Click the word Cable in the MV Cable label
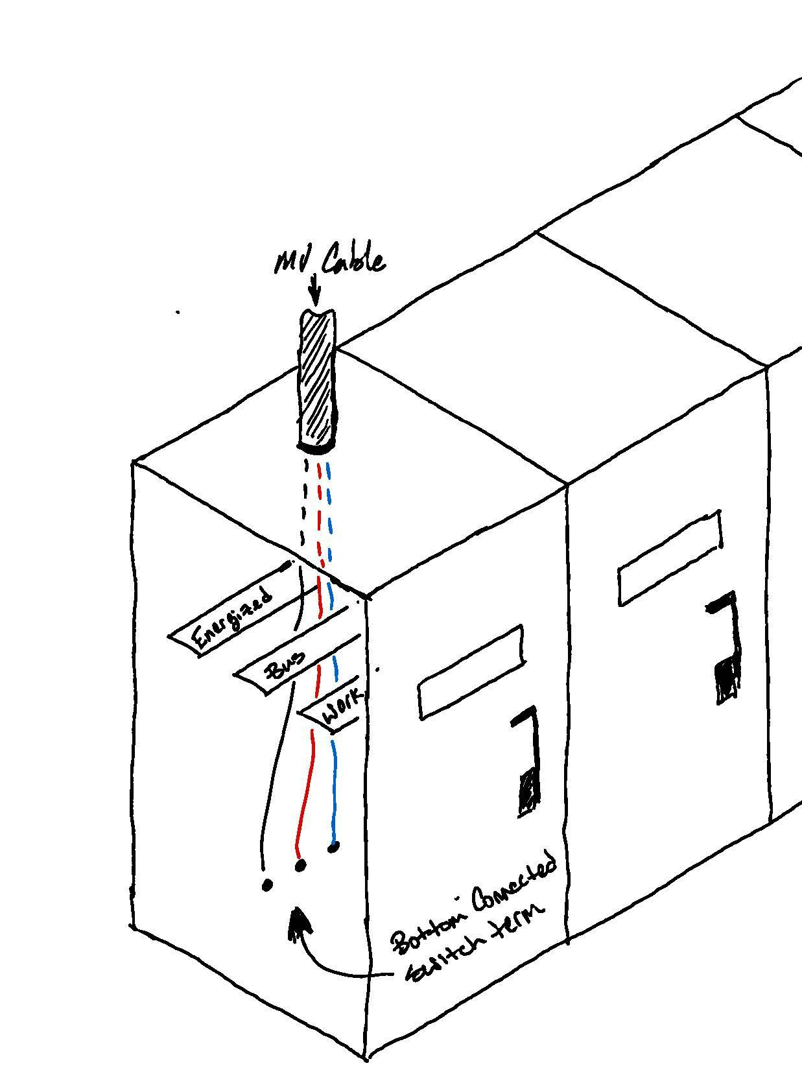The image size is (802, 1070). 354,259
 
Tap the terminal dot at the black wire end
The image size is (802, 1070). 267,885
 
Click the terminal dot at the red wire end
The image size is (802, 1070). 300,865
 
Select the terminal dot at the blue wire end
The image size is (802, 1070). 333,846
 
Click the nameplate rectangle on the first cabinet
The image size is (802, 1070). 471,672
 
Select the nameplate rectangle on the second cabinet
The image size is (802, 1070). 670,558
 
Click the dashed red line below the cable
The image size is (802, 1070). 318,512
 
